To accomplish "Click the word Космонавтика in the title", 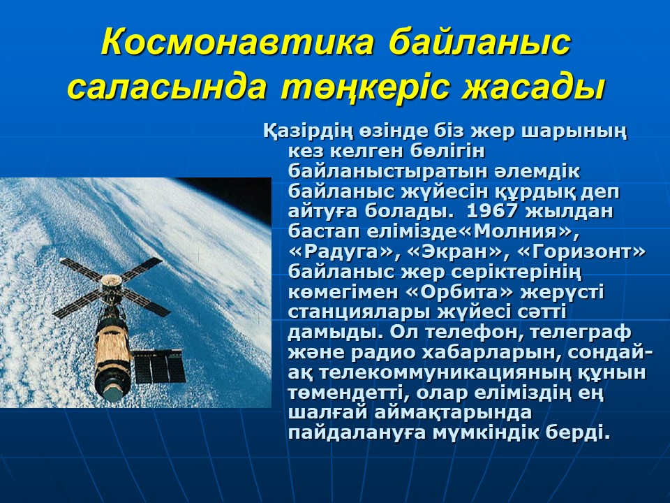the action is tap(237, 43).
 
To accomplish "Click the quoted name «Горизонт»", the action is tap(581, 251).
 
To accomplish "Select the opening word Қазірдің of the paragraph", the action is tap(308, 131).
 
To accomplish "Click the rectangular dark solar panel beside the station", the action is tap(158, 365).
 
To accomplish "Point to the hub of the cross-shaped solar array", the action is tap(111, 282).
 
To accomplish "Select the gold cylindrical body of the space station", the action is tap(112, 349).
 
